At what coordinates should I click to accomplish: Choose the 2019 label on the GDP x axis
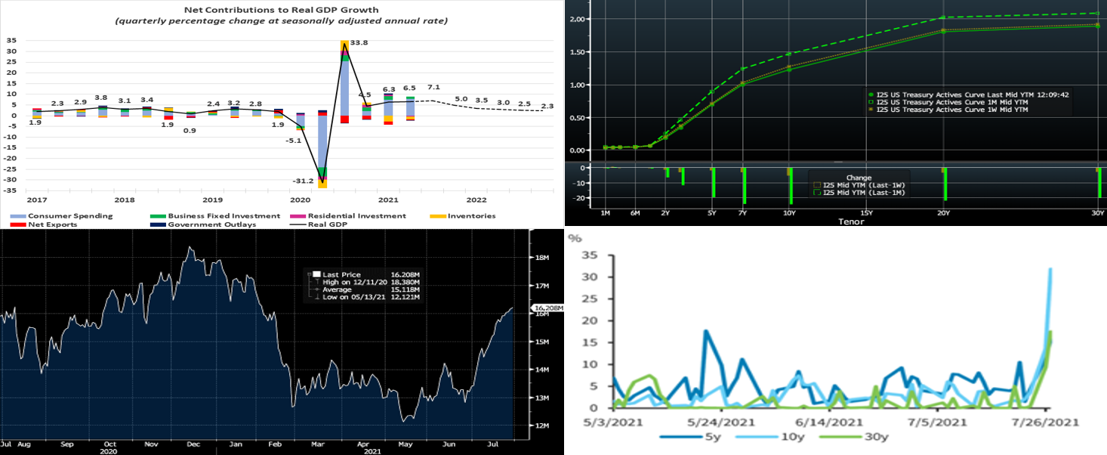(213, 200)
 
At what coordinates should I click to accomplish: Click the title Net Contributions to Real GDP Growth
(281, 10)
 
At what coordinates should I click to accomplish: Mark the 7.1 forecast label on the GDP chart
(433, 88)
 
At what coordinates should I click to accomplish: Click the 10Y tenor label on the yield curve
(790, 213)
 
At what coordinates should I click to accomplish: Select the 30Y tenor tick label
(1097, 213)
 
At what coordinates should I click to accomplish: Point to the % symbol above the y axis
(575, 238)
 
